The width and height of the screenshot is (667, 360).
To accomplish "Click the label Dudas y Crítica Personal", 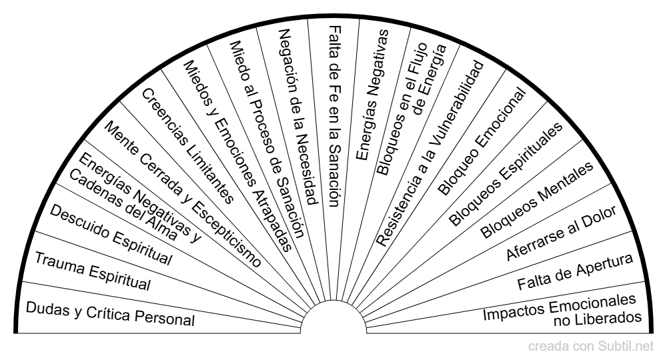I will [x=110, y=313].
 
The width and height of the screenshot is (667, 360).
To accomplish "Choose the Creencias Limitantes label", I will [x=187, y=146].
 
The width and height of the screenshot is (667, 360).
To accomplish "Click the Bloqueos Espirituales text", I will [x=506, y=173].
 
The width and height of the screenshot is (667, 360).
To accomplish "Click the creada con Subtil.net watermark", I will [x=591, y=346].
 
